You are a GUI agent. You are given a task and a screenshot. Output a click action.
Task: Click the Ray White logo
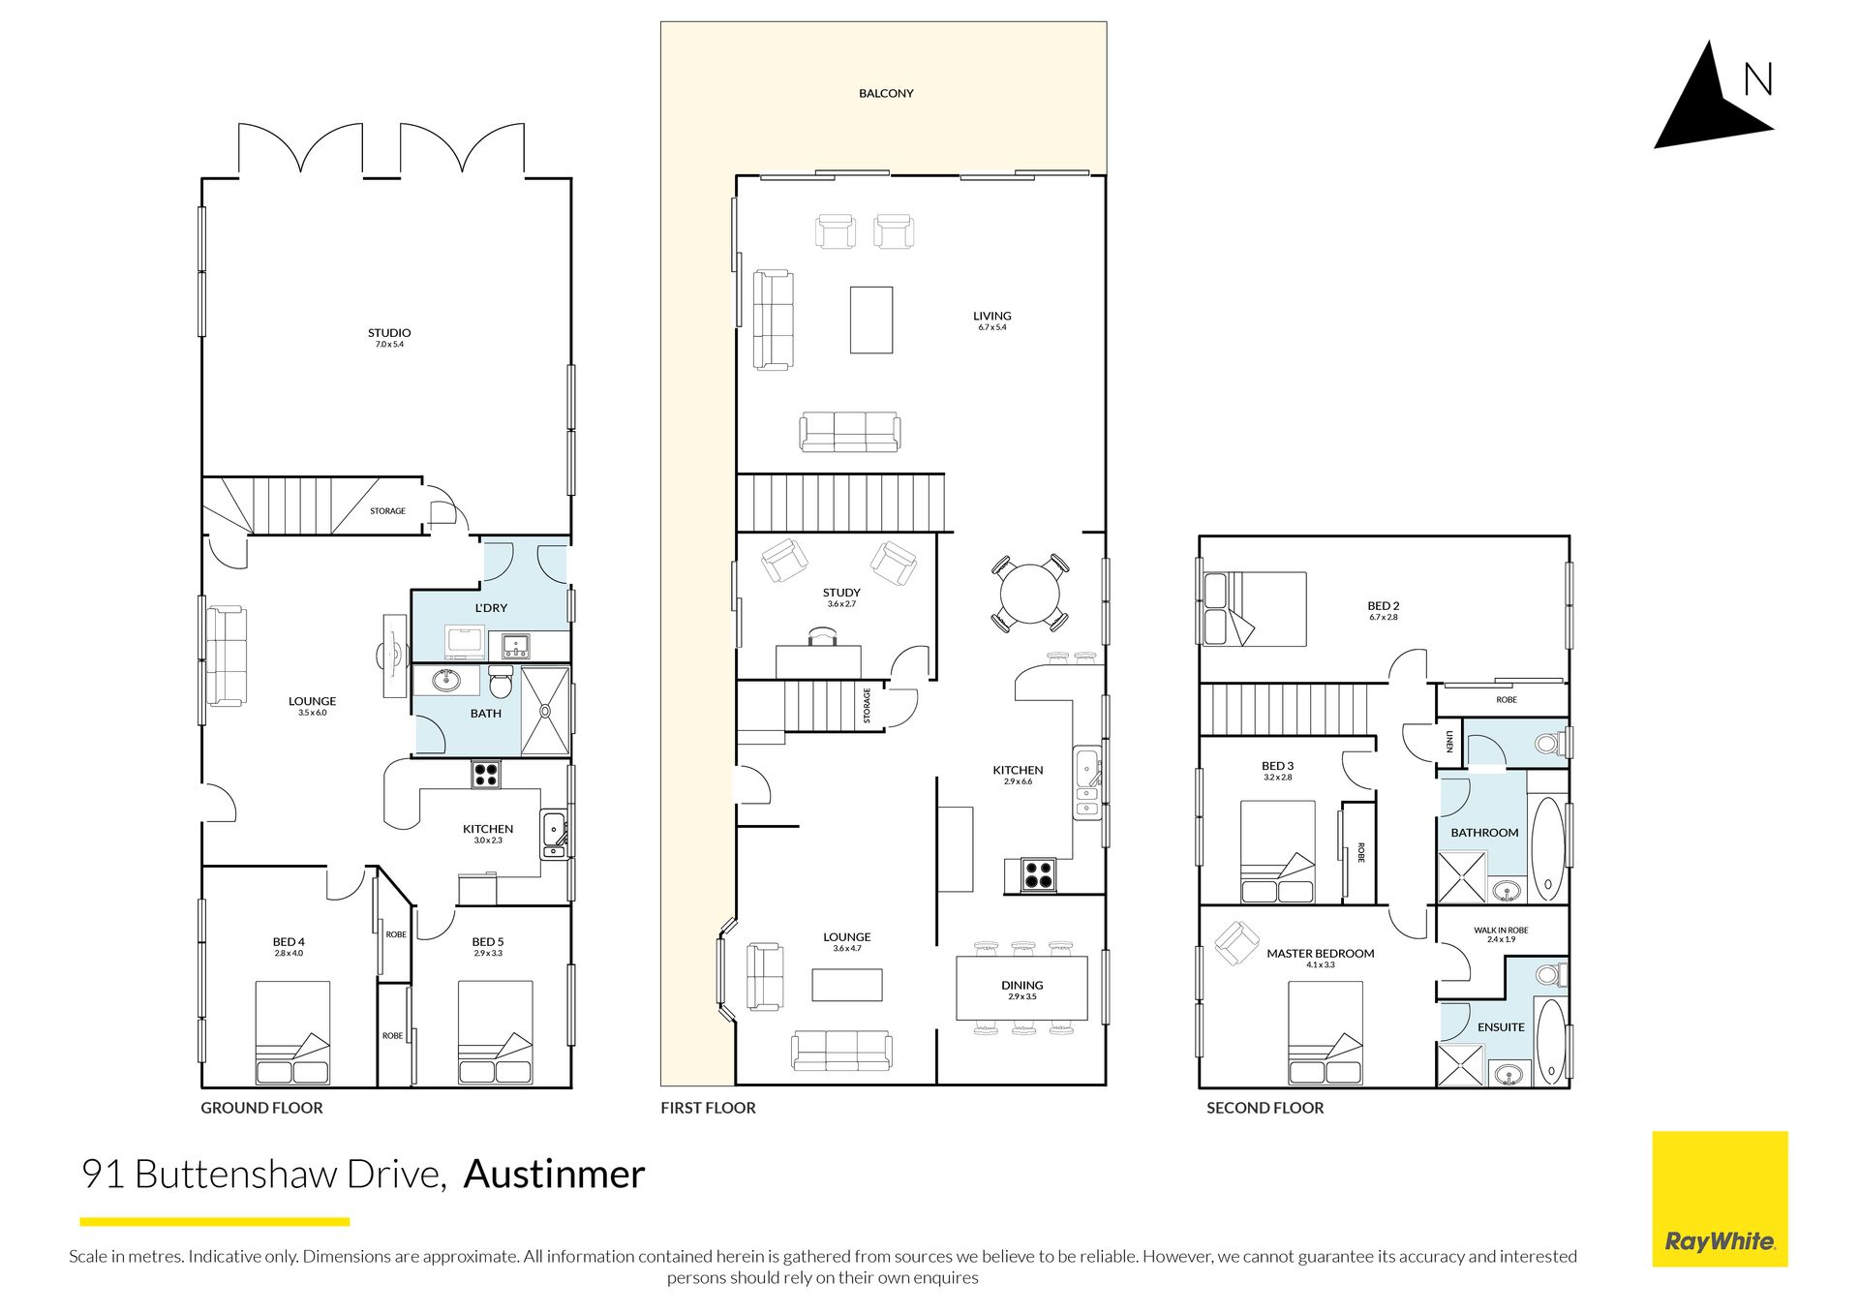[1720, 1199]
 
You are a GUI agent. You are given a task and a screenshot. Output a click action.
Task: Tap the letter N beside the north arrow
[1758, 79]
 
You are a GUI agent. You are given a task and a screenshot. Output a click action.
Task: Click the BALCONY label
[886, 93]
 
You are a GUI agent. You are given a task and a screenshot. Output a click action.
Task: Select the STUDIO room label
[389, 332]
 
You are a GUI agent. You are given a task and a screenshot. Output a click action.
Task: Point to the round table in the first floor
[1030, 593]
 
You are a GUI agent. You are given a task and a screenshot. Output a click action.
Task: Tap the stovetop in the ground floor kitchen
[486, 774]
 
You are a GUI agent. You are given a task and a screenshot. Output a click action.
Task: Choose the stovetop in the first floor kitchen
[1039, 874]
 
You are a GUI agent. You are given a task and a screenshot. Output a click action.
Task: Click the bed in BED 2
[1255, 609]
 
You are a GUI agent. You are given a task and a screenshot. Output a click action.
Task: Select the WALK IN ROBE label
[1501, 930]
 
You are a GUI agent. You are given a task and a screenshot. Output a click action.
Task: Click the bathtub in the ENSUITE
[1550, 1040]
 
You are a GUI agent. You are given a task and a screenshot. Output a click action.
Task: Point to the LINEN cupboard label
[1449, 742]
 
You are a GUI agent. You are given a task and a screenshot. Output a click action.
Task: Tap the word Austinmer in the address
[555, 1174]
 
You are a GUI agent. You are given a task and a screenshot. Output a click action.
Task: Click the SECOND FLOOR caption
[1265, 1108]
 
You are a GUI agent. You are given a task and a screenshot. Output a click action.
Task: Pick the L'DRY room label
[491, 608]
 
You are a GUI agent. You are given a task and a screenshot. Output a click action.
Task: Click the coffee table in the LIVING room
[871, 320]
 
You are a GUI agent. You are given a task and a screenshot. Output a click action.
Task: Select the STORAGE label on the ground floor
[387, 510]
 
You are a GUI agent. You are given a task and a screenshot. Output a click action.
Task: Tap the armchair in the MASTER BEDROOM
[1236, 942]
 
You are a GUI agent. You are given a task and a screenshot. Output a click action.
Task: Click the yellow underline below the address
[214, 1222]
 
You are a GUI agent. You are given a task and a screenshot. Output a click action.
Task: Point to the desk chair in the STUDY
[822, 636]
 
